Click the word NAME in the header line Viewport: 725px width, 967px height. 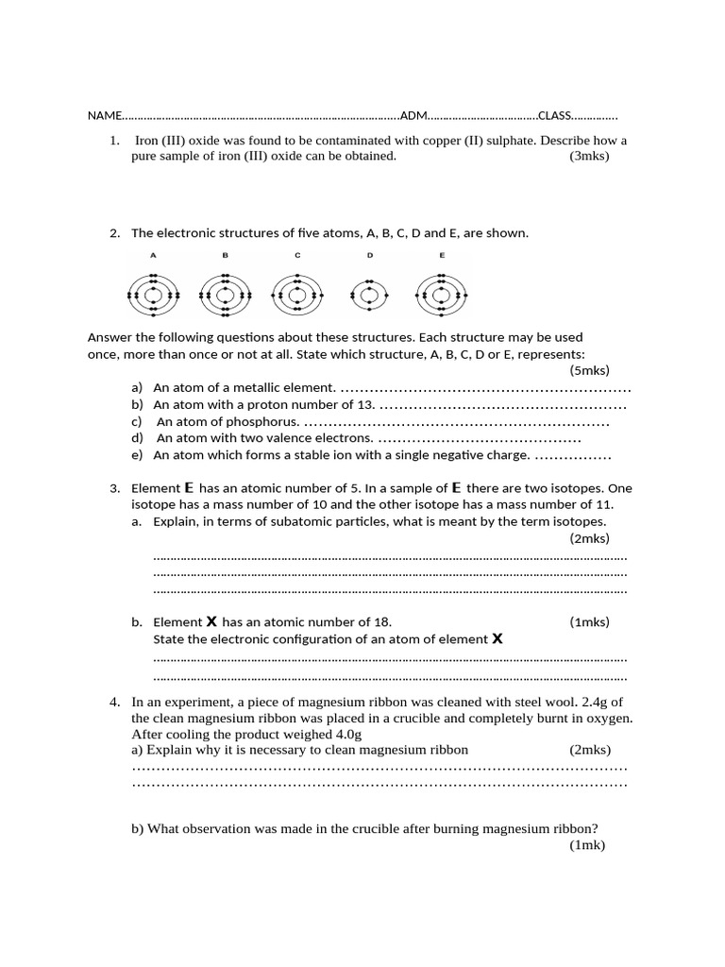point(104,116)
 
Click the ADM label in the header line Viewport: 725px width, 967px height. point(413,116)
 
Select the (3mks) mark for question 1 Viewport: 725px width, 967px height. point(589,157)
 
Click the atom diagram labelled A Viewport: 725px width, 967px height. point(153,296)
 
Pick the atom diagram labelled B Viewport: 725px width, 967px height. point(226,296)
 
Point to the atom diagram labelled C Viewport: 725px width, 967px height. point(297,296)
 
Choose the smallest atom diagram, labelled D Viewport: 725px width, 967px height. point(370,296)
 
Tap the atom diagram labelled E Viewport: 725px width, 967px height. point(442,296)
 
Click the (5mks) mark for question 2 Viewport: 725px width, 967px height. point(590,370)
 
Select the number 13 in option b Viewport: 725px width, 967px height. point(367,405)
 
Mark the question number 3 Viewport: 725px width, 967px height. point(114,488)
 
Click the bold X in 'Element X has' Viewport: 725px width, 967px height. point(211,621)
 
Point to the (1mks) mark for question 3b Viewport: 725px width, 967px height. point(589,622)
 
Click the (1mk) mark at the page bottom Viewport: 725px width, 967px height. point(586,845)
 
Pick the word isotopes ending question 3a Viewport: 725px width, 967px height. point(577,521)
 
